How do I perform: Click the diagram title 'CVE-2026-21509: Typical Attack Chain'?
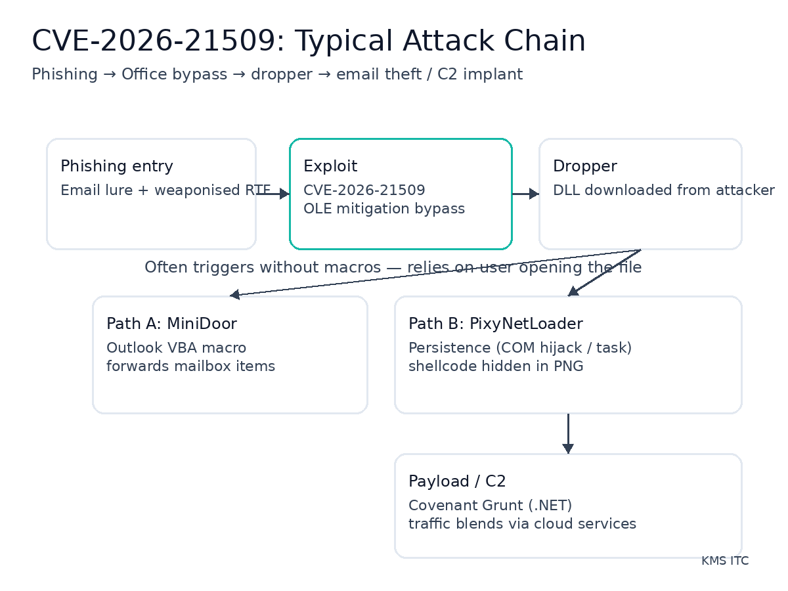click(x=309, y=41)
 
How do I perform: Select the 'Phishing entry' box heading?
click(x=117, y=166)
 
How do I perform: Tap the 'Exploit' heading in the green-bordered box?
click(x=330, y=166)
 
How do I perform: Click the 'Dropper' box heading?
click(x=584, y=166)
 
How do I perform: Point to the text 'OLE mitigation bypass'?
click(x=383, y=209)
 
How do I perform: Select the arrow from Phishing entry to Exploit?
click(x=273, y=194)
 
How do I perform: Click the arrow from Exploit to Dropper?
click(x=525, y=194)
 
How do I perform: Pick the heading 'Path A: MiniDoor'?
click(x=171, y=324)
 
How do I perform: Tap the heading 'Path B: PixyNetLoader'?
click(x=495, y=324)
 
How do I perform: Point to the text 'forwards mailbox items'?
click(x=190, y=366)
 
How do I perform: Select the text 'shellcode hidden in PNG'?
click(x=496, y=366)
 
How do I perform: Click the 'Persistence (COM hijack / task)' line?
click(x=519, y=348)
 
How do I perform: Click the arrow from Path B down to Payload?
click(x=568, y=433)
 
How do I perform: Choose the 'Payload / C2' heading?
click(x=457, y=481)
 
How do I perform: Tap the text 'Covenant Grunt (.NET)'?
click(x=490, y=506)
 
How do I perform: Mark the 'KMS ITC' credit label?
click(x=724, y=561)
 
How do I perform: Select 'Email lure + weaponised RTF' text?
click(x=165, y=190)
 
